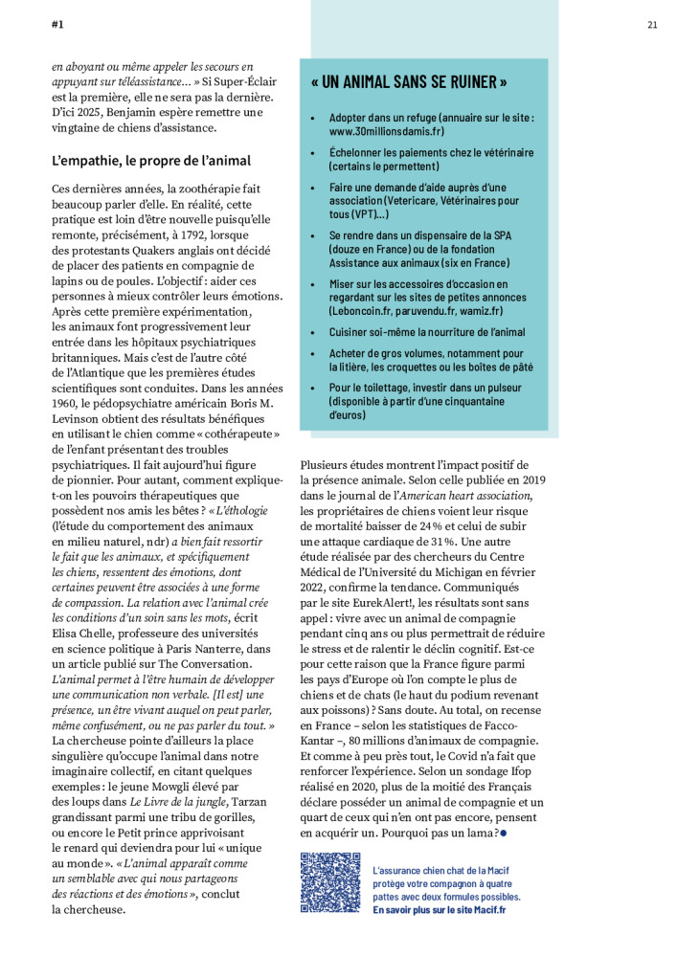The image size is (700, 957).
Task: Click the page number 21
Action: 652,25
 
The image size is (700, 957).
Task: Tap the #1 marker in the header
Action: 57,25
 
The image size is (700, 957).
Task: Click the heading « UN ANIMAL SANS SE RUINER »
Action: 409,82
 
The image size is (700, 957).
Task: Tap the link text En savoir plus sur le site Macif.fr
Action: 440,910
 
